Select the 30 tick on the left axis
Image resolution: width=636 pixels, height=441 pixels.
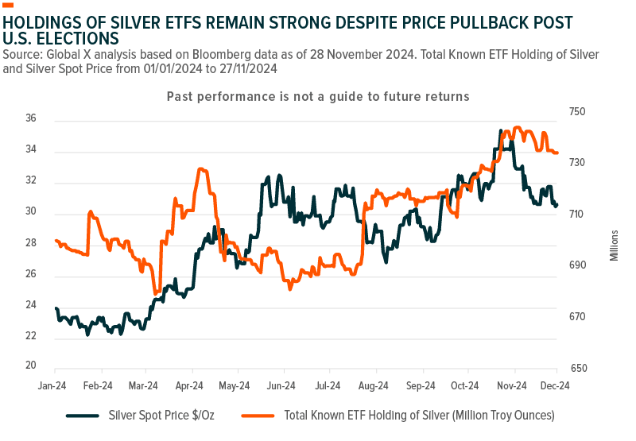coord(31,212)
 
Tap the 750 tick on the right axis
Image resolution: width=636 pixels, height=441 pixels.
coord(576,112)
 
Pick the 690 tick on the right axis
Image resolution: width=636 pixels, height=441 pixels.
coord(576,265)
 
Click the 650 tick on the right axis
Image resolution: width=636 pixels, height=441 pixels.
coord(576,369)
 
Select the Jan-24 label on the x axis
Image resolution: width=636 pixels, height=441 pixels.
coord(54,385)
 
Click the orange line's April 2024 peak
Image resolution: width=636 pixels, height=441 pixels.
coord(202,168)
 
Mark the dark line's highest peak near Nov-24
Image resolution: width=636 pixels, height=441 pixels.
coord(501,130)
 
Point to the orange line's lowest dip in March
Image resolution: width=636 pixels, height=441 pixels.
coord(157,293)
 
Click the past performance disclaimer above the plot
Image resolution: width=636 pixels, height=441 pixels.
coord(318,96)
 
